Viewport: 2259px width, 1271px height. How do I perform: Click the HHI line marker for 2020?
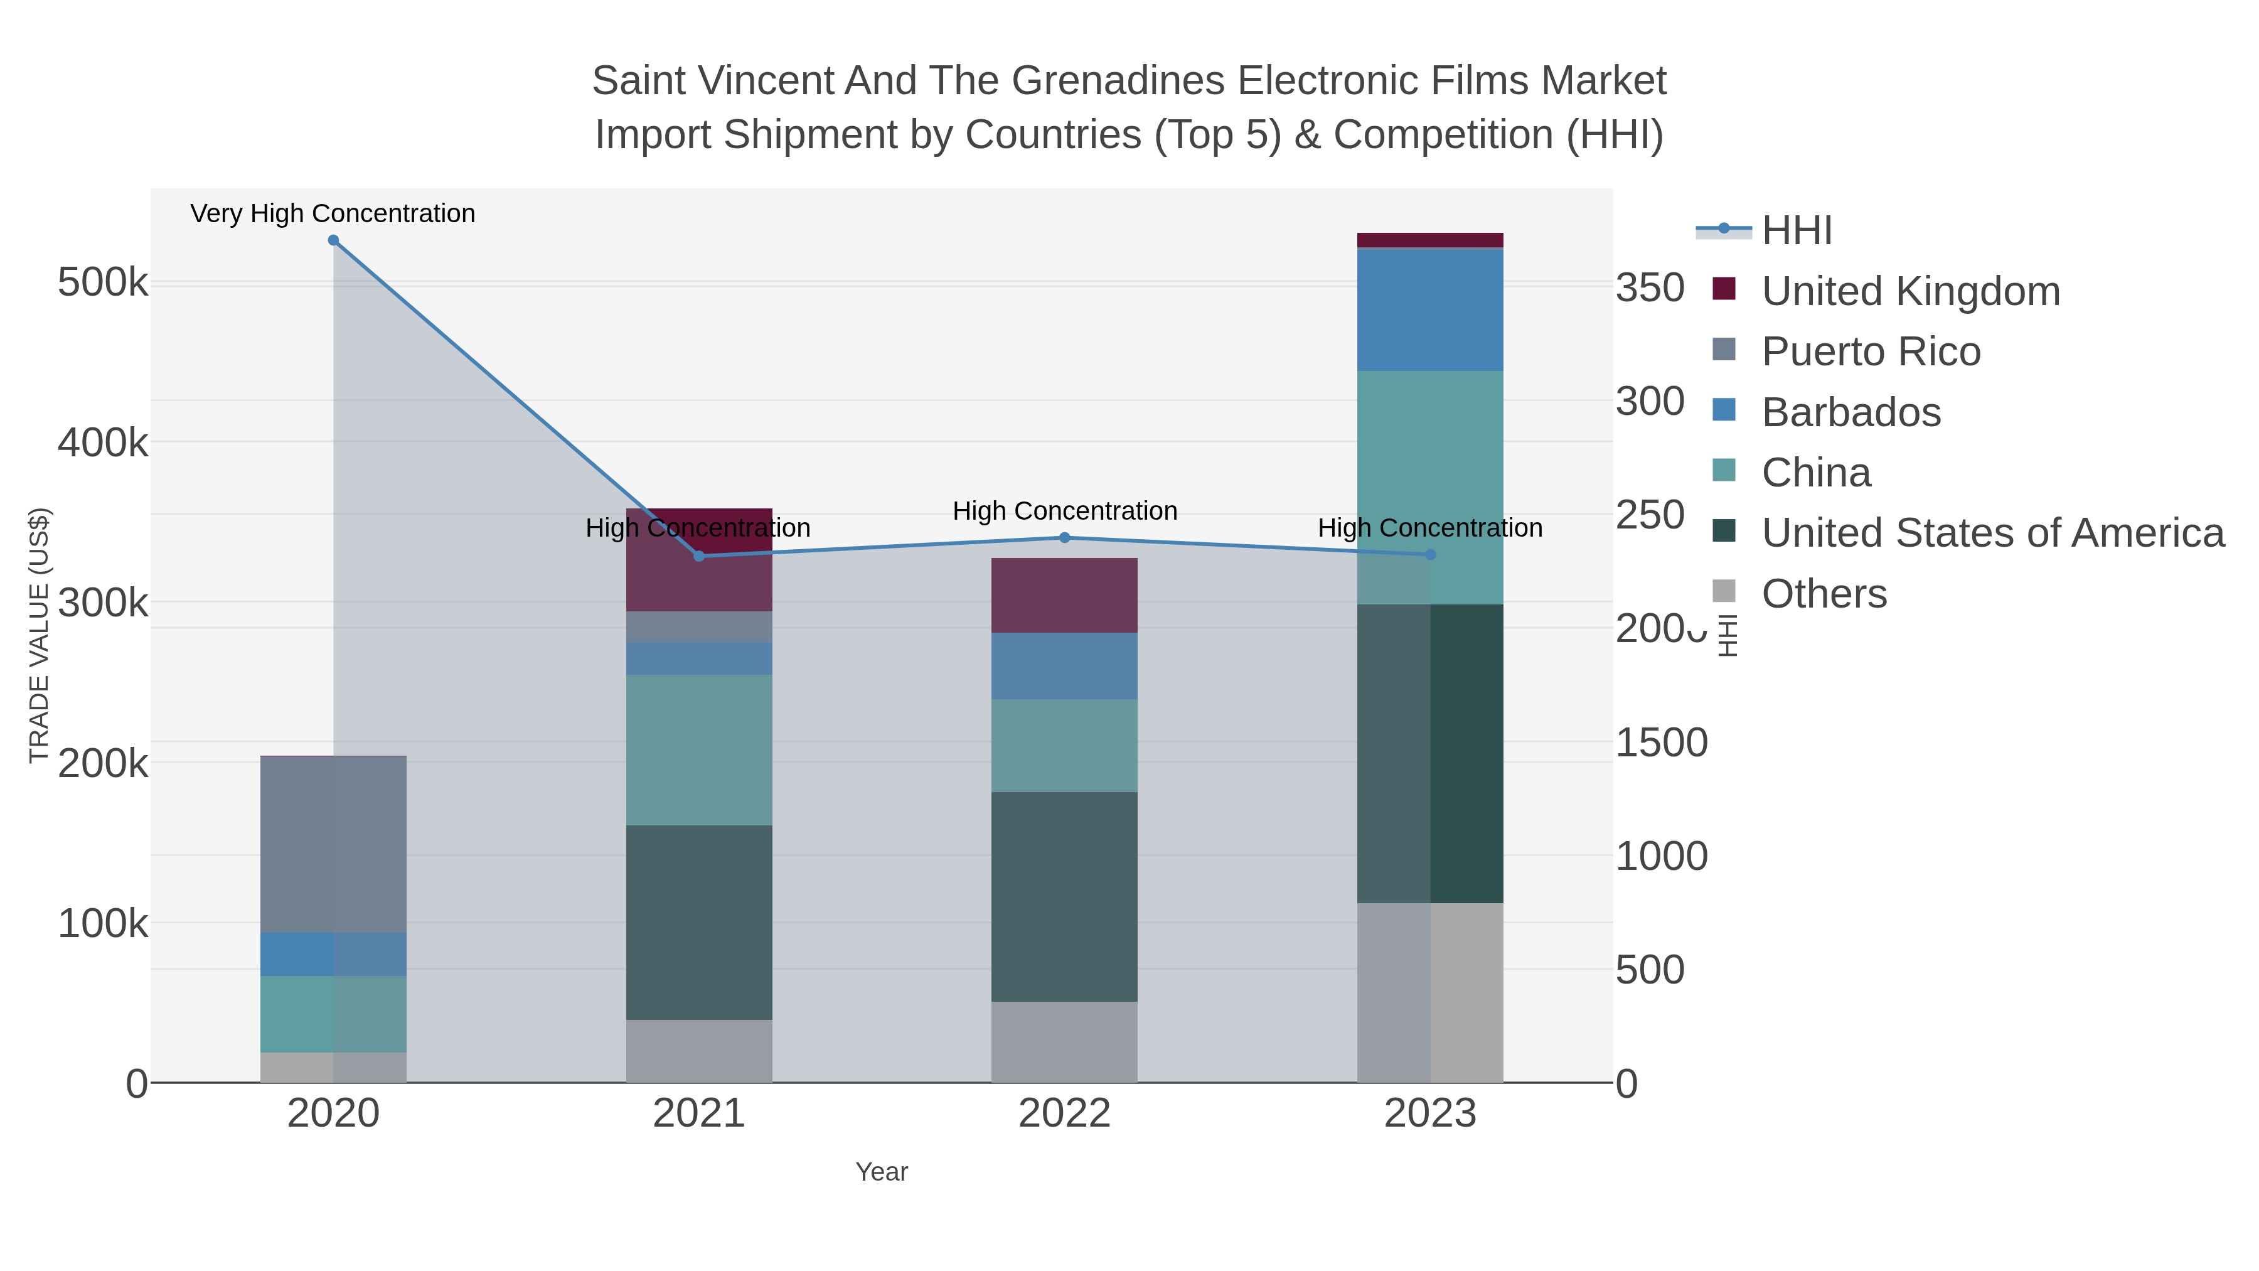pos(333,240)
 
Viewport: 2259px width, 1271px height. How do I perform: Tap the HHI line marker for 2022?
pos(1065,538)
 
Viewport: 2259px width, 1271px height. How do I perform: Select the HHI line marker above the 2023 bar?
pos(1430,554)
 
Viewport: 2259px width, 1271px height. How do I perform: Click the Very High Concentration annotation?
pos(333,213)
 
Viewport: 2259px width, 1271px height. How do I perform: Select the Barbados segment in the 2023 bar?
pos(1430,309)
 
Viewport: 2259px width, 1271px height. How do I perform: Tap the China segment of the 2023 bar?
pos(1430,487)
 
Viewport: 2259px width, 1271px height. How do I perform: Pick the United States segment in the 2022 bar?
pos(1065,896)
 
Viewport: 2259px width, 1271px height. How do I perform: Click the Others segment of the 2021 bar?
pos(699,1051)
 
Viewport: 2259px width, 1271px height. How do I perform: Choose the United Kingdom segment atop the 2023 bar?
pos(1430,240)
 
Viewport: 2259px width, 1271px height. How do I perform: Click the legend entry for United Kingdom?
pos(1910,291)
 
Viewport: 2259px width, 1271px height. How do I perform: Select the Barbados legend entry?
pos(1850,412)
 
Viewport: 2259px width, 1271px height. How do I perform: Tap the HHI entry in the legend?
pos(1796,231)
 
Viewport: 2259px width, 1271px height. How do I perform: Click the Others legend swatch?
pos(1724,592)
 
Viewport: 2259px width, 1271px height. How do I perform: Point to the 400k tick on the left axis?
pos(103,443)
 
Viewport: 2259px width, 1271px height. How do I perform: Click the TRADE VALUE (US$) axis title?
pos(40,635)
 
